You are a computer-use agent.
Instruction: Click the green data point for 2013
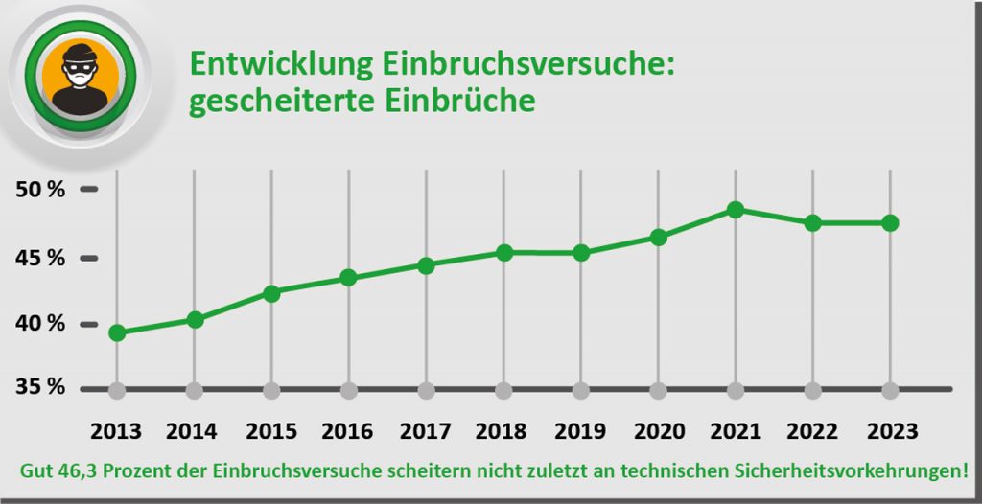coord(117,332)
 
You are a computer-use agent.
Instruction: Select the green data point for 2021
coord(736,210)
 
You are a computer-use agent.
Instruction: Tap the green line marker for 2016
coord(349,278)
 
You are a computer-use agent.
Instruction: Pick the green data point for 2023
coord(890,223)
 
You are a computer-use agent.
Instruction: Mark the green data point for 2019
coord(581,253)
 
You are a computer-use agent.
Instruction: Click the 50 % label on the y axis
coord(41,190)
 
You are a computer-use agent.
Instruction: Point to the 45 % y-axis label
coord(41,259)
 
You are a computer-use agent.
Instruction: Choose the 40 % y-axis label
coord(41,324)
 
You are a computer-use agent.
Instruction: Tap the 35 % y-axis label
coord(41,388)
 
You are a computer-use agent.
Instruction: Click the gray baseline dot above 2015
coord(271,391)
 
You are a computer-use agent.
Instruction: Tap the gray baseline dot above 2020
coord(658,391)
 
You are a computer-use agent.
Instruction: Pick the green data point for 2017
coord(426,265)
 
